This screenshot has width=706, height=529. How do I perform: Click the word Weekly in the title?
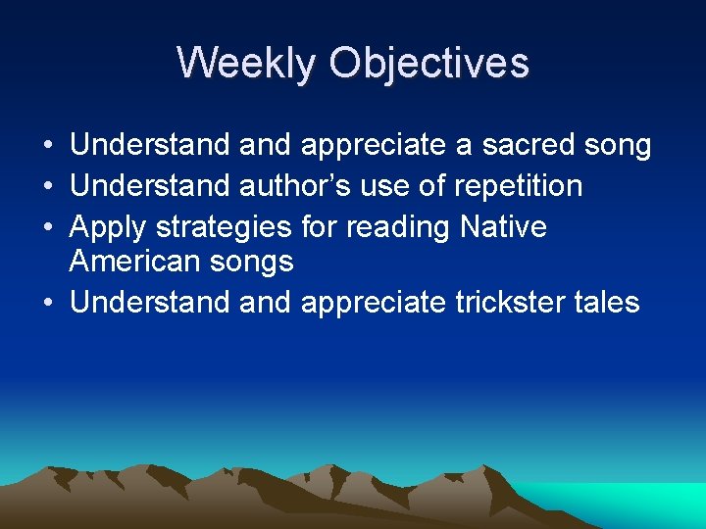tap(247, 64)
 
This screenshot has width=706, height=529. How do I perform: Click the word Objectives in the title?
tap(429, 64)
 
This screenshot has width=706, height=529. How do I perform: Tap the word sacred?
tap(519, 146)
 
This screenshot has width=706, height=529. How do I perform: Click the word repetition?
tap(518, 186)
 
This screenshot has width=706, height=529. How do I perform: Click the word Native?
tap(503, 226)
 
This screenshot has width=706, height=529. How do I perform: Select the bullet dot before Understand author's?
tap(48, 186)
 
